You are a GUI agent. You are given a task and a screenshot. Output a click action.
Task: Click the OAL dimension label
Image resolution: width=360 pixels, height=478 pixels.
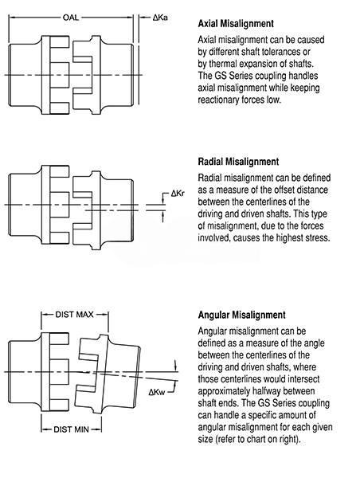click(71, 18)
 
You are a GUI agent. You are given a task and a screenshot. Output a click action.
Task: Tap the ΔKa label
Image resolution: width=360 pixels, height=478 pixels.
click(160, 18)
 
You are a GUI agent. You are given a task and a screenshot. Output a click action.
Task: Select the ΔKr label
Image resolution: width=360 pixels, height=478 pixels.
click(178, 194)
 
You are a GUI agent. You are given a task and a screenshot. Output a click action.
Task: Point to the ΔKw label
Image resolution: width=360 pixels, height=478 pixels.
click(157, 392)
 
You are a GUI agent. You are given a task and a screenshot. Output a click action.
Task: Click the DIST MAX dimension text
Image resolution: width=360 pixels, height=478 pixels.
click(74, 315)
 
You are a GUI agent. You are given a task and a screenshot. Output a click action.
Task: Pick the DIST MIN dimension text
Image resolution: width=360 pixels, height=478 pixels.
click(72, 429)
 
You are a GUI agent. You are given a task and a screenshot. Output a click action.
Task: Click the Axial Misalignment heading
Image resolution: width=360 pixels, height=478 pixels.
click(236, 23)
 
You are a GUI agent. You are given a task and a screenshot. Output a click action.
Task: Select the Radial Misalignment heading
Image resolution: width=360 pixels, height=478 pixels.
click(238, 161)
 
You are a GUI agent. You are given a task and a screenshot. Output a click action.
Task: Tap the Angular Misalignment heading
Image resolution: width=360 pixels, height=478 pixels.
click(242, 315)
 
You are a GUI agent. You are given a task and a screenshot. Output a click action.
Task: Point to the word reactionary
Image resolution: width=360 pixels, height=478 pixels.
click(218, 100)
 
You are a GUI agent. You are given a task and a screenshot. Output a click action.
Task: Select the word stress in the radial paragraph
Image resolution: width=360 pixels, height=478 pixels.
click(318, 237)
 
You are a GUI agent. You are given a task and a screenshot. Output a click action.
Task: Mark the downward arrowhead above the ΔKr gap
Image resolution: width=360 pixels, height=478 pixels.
click(163, 200)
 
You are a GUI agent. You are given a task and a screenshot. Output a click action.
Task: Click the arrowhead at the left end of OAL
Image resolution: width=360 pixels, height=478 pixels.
click(12, 18)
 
